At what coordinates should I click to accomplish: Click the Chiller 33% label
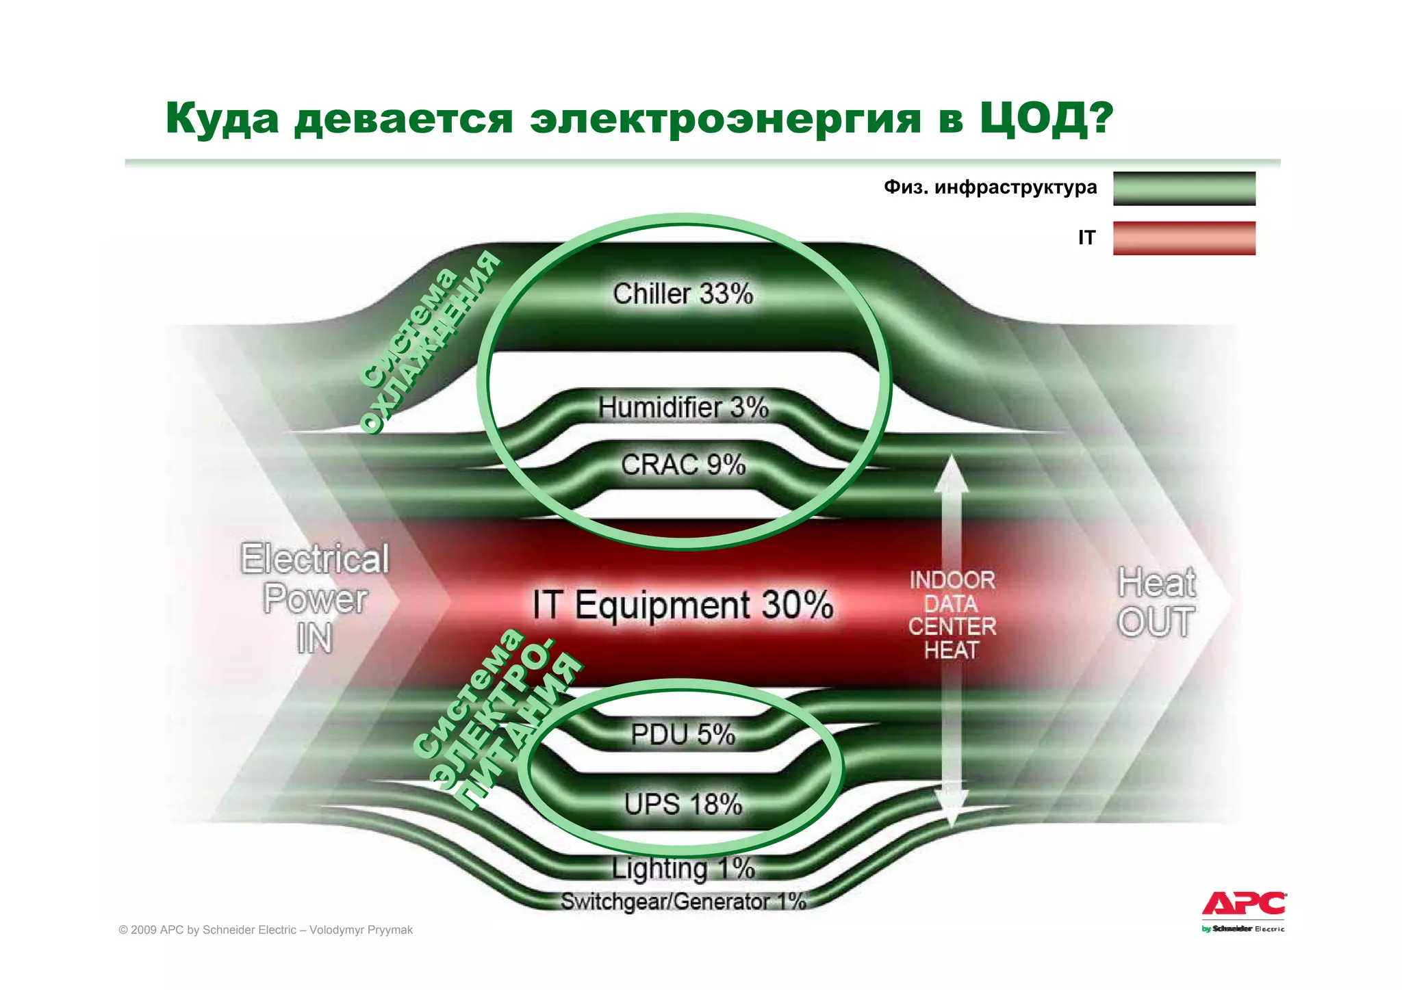pyautogui.click(x=683, y=294)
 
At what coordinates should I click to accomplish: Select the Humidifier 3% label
pyautogui.click(x=683, y=408)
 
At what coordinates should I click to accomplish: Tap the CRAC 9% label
pyautogui.click(x=683, y=465)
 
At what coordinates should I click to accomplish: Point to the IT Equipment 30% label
pyautogui.click(x=683, y=605)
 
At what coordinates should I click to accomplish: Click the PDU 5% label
pyautogui.click(x=683, y=735)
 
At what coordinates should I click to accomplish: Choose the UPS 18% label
pyautogui.click(x=683, y=805)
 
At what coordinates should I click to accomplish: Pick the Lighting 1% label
pyautogui.click(x=683, y=869)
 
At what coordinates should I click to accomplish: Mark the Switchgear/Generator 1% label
pyautogui.click(x=683, y=902)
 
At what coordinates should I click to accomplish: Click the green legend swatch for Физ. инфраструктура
pyautogui.click(x=1184, y=188)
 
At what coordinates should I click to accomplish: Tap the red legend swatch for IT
pyautogui.click(x=1184, y=238)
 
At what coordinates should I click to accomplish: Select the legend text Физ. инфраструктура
pyautogui.click(x=990, y=187)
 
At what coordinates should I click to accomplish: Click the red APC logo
pyautogui.click(x=1244, y=904)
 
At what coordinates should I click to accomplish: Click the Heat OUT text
pyautogui.click(x=1156, y=602)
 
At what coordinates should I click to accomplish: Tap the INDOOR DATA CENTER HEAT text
pyautogui.click(x=952, y=615)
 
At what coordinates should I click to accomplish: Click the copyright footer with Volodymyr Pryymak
pyautogui.click(x=266, y=930)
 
